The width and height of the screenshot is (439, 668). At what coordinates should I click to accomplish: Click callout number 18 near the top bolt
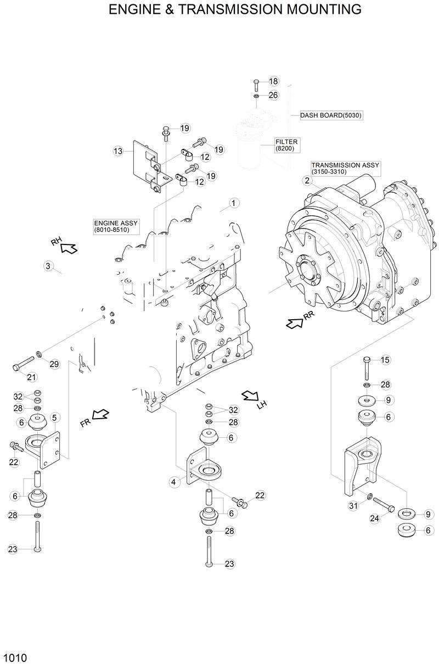[273, 81]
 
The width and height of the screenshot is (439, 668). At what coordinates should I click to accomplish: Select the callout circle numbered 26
[273, 96]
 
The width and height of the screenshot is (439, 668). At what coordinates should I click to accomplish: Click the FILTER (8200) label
[286, 145]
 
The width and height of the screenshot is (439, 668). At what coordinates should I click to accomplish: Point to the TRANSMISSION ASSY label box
[345, 168]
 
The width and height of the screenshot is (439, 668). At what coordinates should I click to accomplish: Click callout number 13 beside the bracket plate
[117, 151]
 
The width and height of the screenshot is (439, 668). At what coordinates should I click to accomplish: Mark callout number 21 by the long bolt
[31, 377]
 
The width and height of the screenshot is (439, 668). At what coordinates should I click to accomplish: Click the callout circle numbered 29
[54, 364]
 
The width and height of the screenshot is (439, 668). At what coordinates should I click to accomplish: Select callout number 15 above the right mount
[385, 360]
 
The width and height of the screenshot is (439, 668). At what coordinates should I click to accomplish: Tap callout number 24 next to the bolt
[375, 518]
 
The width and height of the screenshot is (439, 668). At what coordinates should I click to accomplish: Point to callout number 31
[353, 506]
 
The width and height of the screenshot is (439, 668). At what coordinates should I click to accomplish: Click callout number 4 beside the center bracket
[173, 482]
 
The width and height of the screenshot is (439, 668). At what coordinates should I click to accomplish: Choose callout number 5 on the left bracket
[54, 418]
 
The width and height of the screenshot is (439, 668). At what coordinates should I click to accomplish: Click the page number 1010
[15, 658]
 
